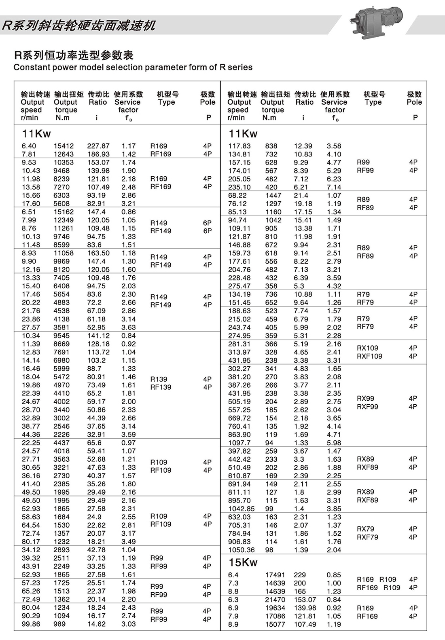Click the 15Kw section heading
coord(243,562)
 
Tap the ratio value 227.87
coord(98,146)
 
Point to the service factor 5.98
coord(334,443)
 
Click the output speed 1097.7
coord(239,443)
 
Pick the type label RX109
coord(367,348)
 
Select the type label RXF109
coord(369,356)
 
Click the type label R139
coord(159,379)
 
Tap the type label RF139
coord(161,387)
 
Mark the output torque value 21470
coord(275,600)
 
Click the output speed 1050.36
coord(241,550)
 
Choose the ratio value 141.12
coord(98,336)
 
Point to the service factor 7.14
coord(334,187)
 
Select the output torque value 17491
coord(275,575)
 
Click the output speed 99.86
coord(31,624)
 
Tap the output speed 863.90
coord(239,434)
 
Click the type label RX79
coord(365,529)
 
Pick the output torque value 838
coord(271,146)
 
